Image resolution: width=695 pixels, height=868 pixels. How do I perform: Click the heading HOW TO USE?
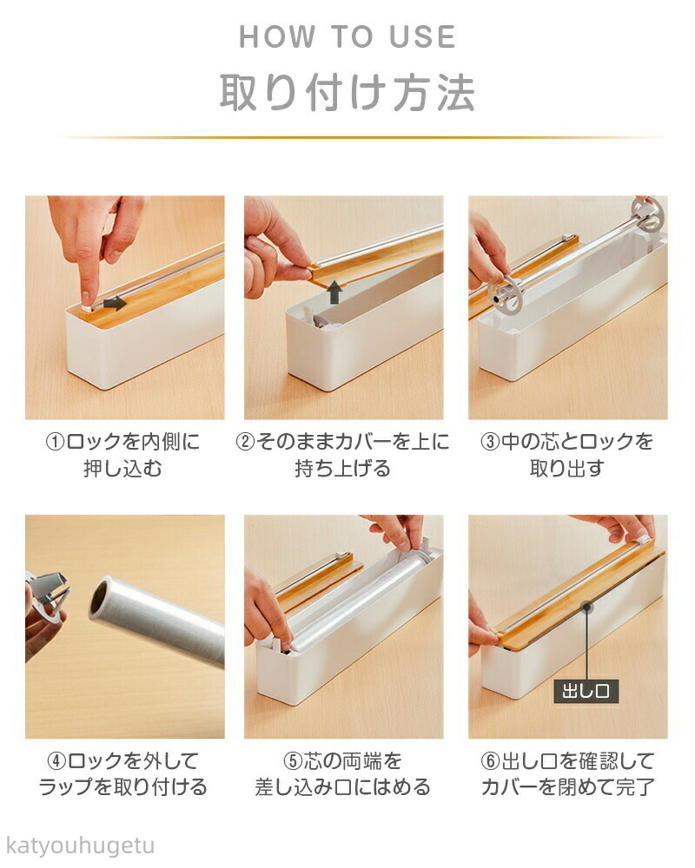pos(347,36)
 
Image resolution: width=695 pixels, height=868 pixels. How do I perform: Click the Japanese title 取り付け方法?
pos(347,92)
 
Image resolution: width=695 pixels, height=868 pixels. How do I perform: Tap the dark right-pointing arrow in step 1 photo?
pos(115,303)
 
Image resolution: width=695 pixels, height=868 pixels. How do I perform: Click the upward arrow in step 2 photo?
pos(334,292)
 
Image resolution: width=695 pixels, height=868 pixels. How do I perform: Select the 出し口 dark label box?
pos(586,691)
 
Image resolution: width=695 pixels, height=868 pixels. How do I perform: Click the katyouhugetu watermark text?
pos(81,845)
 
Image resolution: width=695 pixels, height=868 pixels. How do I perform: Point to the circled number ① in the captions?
pos(55,443)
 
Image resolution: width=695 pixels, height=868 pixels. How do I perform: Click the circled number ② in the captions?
pos(246,443)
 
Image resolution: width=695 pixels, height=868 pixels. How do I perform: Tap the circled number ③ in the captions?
pos(490,443)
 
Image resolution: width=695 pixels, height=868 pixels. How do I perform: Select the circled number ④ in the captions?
pos(57,761)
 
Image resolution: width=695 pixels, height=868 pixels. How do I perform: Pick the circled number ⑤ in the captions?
pos(293,761)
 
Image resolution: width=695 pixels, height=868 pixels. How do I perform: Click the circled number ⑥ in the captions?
pos(491,761)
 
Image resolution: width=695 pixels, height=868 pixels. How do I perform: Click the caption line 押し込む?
pos(122,469)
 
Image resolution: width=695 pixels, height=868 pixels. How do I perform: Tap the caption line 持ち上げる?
pos(342,469)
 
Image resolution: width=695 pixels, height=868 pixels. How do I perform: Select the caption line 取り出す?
pos(566,469)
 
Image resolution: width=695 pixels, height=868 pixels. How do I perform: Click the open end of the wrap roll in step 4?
pos(100,599)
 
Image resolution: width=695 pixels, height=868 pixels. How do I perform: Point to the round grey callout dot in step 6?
pos(586,608)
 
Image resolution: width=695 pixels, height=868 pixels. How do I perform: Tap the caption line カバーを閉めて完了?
pos(568,787)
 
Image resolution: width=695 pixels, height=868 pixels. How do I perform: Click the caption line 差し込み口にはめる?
pos(342,787)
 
